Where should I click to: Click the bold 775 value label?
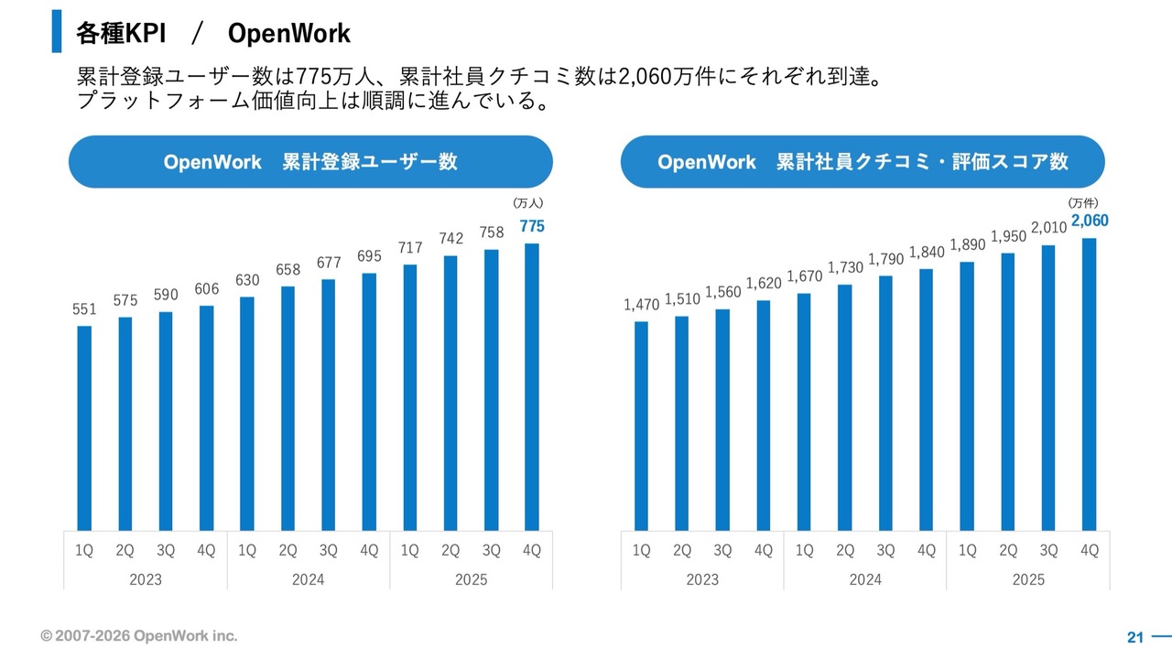pos(532,227)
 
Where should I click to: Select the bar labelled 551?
pos(84,427)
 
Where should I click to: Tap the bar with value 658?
pos(288,408)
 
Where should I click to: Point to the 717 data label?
pos(409,247)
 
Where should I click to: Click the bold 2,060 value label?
pos(1090,221)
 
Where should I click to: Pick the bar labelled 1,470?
pos(641,426)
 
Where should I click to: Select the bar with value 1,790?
pos(885,403)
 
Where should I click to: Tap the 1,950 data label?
pos(1008,236)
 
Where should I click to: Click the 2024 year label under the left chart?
pos(309,579)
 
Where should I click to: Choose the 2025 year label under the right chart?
pos(1028,579)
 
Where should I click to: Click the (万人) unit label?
pos(529,203)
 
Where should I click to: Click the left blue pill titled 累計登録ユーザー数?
pos(310,162)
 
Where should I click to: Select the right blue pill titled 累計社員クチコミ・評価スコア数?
pos(863,162)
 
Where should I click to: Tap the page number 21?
pos(1135,637)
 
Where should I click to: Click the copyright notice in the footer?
pos(138,635)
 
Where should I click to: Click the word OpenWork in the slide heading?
pos(288,34)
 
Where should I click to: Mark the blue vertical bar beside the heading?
pos(57,31)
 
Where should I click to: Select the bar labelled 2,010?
pos(1048,387)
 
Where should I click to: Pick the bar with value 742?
pos(450,393)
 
